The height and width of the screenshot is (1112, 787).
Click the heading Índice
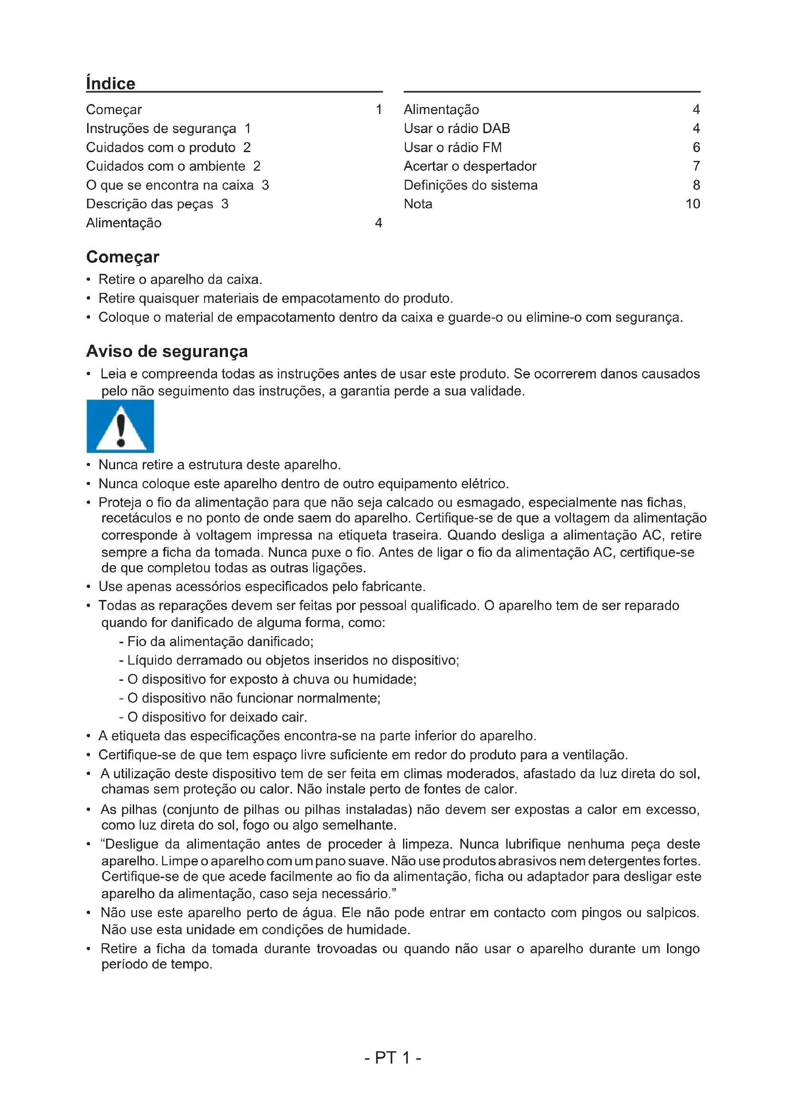click(110, 83)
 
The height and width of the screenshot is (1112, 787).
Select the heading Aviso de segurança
click(167, 351)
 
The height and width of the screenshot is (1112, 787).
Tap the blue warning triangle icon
click(120, 426)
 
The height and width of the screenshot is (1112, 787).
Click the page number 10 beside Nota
click(692, 204)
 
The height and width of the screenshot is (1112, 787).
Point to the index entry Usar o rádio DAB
click(456, 128)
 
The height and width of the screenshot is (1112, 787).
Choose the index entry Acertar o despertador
click(470, 166)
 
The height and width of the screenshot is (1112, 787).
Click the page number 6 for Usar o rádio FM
click(696, 147)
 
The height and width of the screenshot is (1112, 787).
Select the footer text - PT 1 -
click(393, 1057)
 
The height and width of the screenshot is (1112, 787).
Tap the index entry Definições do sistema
click(471, 185)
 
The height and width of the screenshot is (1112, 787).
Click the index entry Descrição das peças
click(150, 204)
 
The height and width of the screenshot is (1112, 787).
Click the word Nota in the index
click(418, 204)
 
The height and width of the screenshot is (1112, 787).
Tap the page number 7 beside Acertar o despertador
click(696, 166)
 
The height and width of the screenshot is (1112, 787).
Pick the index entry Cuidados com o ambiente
click(166, 166)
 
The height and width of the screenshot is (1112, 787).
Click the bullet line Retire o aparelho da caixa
click(180, 280)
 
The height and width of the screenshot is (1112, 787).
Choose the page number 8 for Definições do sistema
click(696, 185)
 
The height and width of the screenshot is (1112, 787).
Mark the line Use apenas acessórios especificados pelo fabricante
click(262, 587)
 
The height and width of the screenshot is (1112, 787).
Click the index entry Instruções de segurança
click(161, 128)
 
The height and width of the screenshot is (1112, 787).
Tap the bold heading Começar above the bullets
click(123, 257)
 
